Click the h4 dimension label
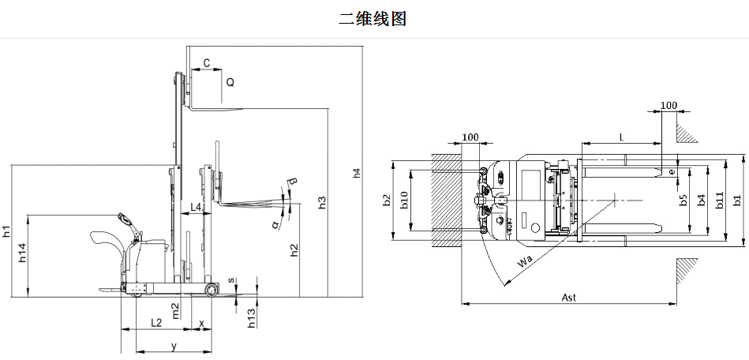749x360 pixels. pyautogui.click(x=357, y=172)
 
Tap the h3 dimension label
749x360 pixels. pyautogui.click(x=322, y=202)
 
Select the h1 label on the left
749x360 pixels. pyautogui.click(x=6, y=232)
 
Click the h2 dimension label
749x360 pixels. pyautogui.click(x=294, y=249)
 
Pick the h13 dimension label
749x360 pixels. pyautogui.click(x=251, y=318)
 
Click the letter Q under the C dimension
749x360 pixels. pyautogui.click(x=230, y=81)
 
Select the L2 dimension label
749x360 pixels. pyautogui.click(x=156, y=322)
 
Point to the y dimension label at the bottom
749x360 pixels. pyautogui.click(x=173, y=346)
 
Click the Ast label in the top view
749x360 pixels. pyautogui.click(x=568, y=297)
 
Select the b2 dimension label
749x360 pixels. pyautogui.click(x=386, y=201)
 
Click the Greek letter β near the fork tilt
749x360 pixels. pyautogui.click(x=293, y=184)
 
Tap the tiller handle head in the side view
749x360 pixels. pyautogui.click(x=125, y=219)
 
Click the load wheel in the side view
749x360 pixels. pyautogui.click(x=212, y=291)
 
